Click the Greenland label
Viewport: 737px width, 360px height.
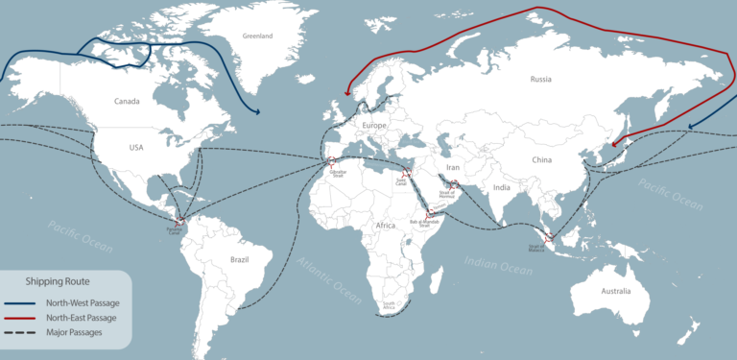pyautogui.click(x=258, y=36)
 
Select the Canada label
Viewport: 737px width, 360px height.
pyautogui.click(x=127, y=101)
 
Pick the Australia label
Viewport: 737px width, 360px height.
pyautogui.click(x=616, y=290)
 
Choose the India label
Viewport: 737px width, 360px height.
pyautogui.click(x=500, y=187)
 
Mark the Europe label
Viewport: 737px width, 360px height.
pyautogui.click(x=373, y=126)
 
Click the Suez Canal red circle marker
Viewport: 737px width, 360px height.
pyautogui.click(x=405, y=175)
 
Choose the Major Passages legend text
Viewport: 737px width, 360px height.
pyautogui.click(x=76, y=332)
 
